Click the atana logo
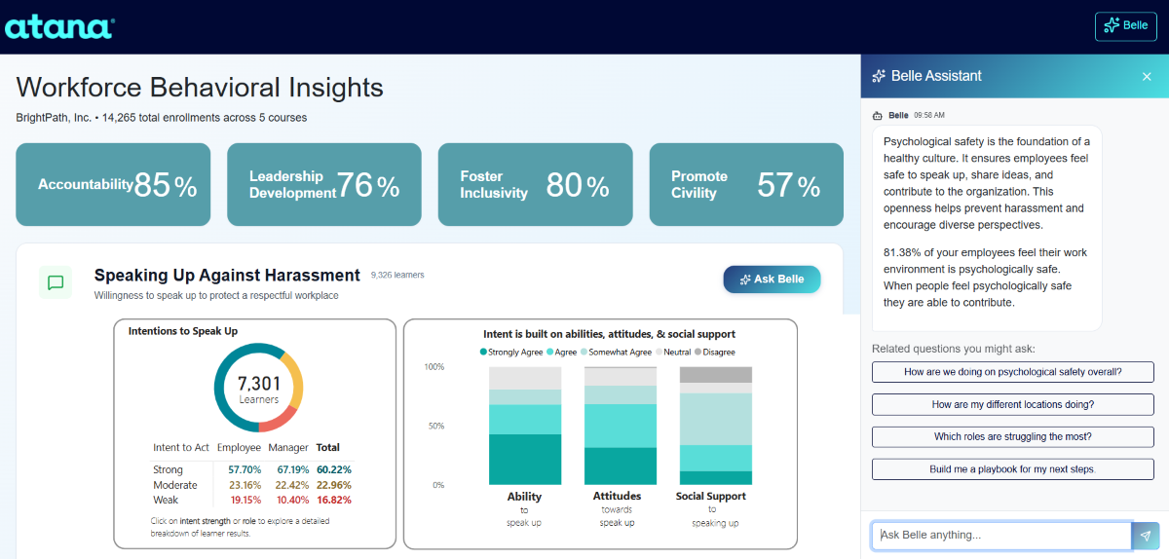click(x=59, y=26)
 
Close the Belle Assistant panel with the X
click(x=1147, y=76)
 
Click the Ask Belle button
click(x=772, y=279)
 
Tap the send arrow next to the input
click(x=1146, y=536)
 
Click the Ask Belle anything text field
click(x=1001, y=536)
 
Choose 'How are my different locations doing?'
click(x=1013, y=404)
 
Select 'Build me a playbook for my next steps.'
click(x=1013, y=469)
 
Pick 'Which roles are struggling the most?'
click(x=1013, y=437)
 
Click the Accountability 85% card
click(x=113, y=184)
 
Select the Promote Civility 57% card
click(x=746, y=184)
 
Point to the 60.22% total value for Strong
click(x=333, y=469)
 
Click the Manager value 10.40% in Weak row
click(x=287, y=500)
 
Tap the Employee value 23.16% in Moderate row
click(x=238, y=485)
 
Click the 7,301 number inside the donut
click(x=258, y=384)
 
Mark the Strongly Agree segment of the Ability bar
click(x=525, y=460)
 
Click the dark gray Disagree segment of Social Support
click(x=716, y=375)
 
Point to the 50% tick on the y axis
click(x=434, y=427)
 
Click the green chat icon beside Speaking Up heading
click(x=56, y=282)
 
